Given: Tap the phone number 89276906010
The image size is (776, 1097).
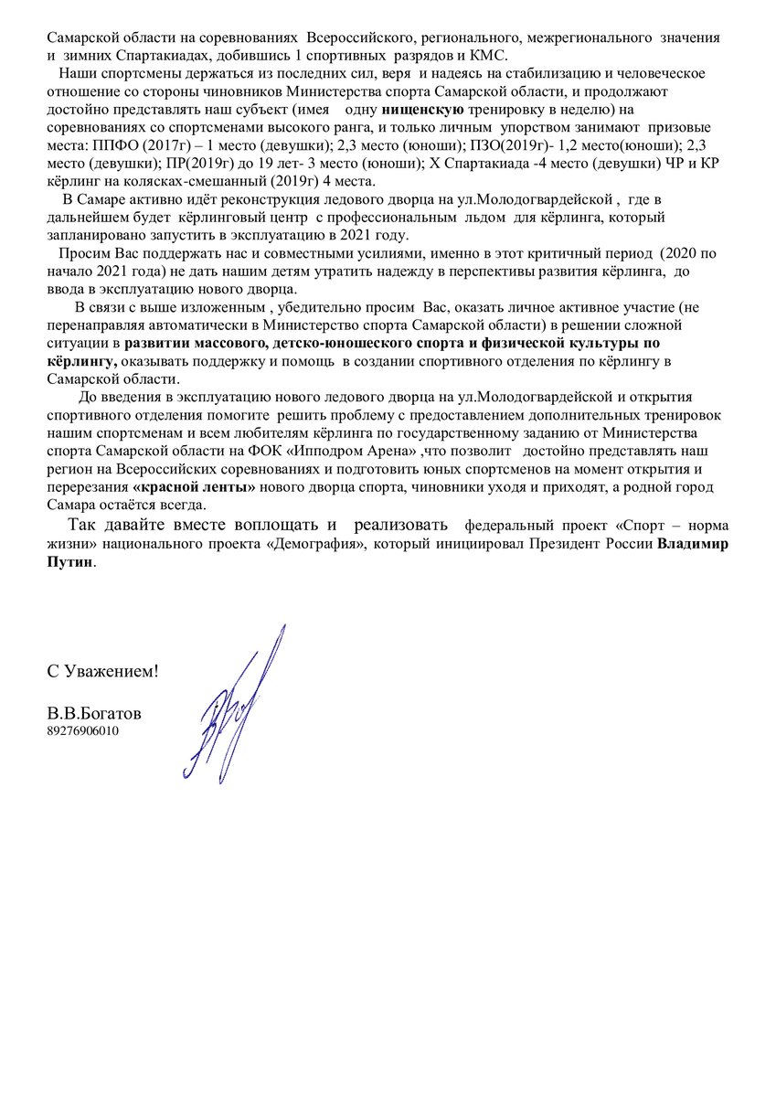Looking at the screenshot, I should (x=82, y=731).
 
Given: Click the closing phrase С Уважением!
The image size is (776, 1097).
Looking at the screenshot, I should (x=102, y=671).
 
